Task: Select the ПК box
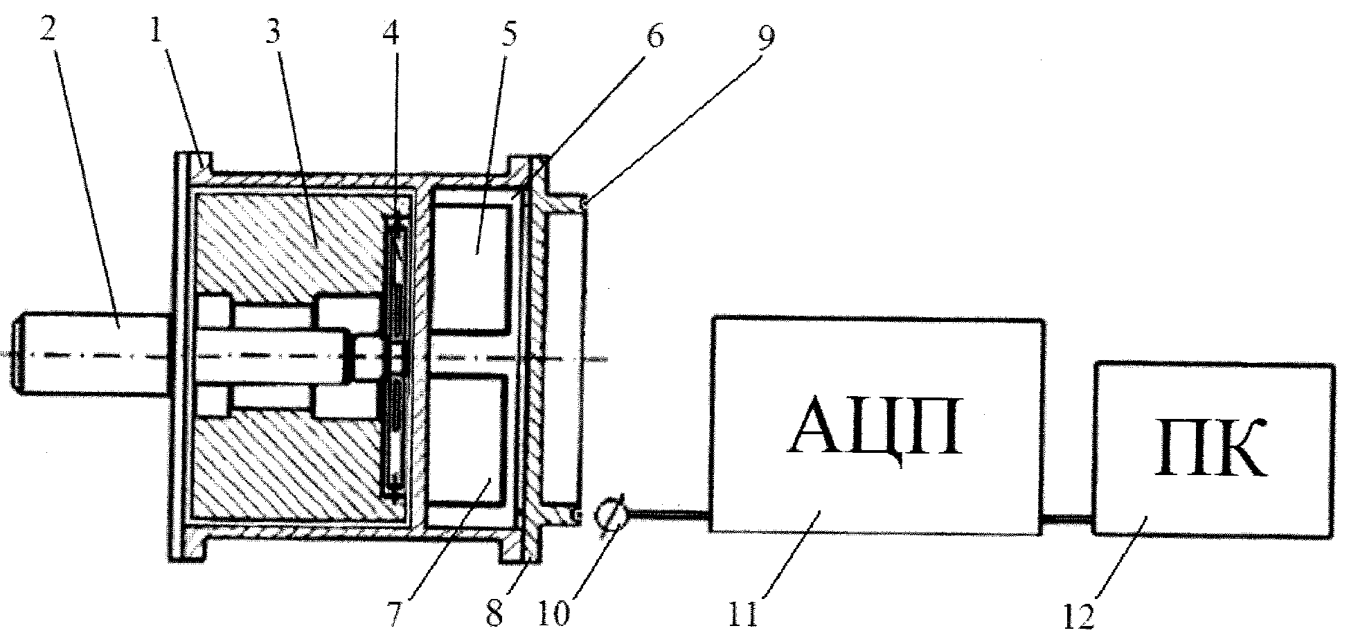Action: tap(1214, 448)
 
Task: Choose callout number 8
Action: tap(493, 613)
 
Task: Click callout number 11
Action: tap(746, 614)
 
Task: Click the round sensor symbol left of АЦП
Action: tap(611, 516)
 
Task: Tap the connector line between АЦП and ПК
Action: tap(1069, 517)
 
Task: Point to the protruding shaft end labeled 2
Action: tap(93, 355)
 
